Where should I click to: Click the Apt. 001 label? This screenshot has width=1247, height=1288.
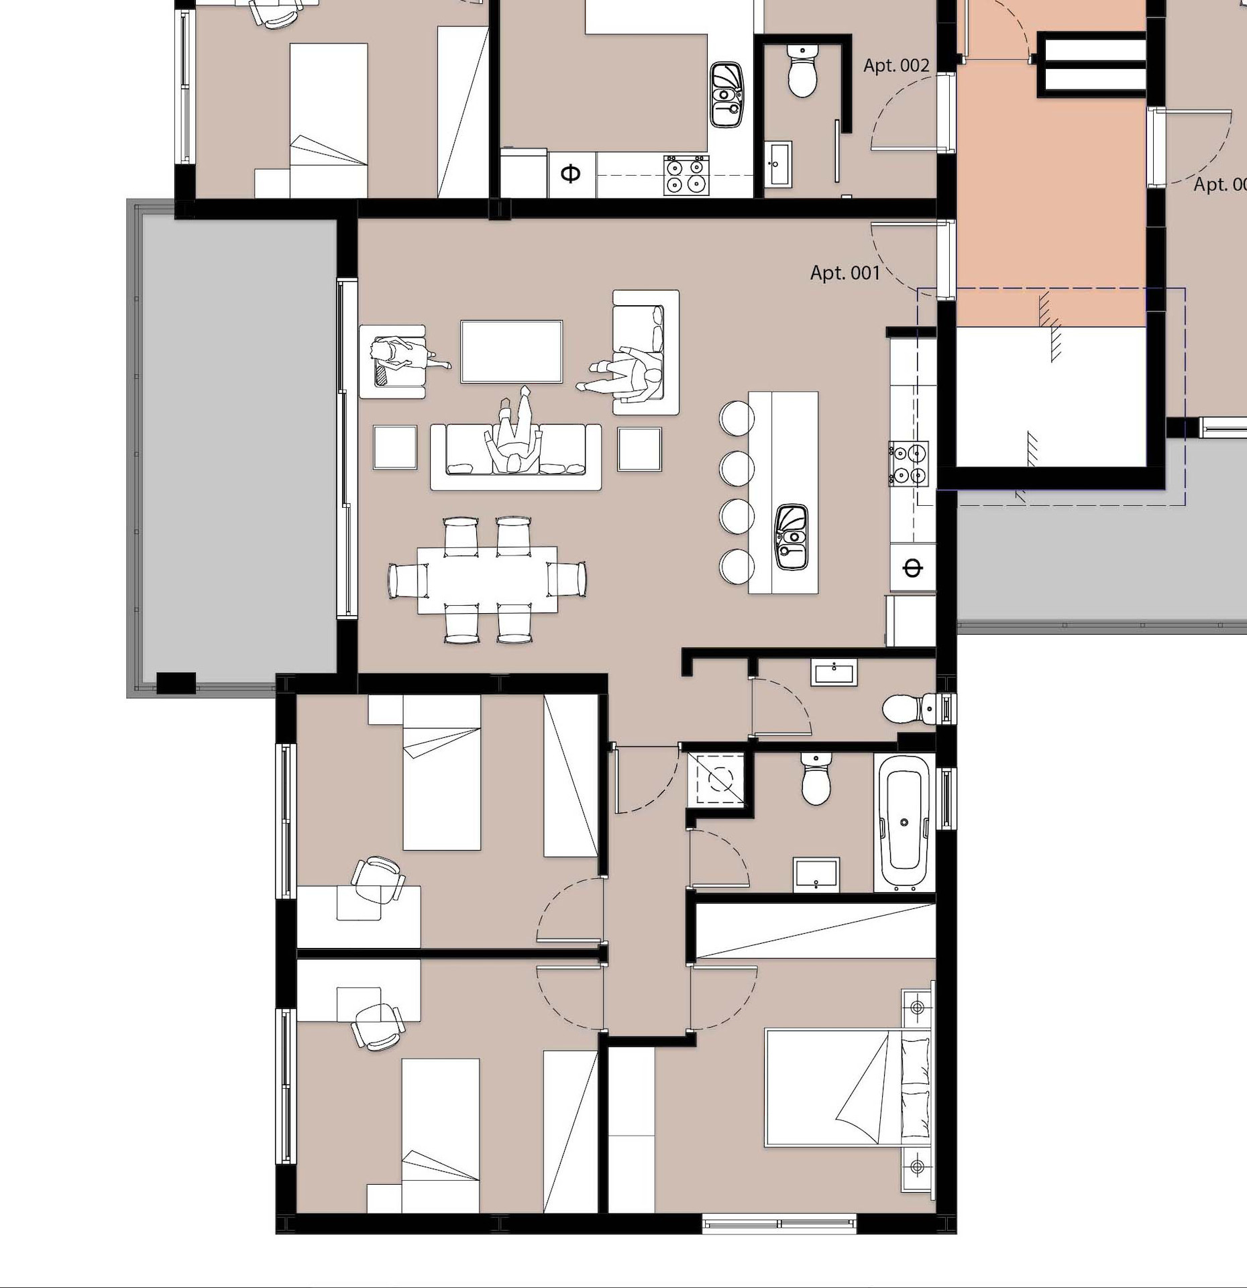click(x=845, y=272)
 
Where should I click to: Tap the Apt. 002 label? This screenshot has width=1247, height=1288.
click(x=896, y=66)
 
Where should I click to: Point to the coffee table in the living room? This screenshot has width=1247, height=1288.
click(x=511, y=352)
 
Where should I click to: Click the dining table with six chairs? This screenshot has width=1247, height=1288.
click(x=487, y=580)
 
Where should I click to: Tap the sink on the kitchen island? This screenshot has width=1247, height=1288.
click(x=792, y=537)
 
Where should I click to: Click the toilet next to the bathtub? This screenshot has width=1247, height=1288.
click(x=816, y=780)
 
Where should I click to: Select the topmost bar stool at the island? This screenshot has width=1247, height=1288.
click(x=737, y=418)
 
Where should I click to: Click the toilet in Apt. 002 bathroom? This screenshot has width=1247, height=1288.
click(x=802, y=72)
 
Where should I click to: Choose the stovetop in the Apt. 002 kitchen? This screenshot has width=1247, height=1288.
click(x=686, y=175)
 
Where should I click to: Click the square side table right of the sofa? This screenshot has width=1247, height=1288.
click(x=639, y=449)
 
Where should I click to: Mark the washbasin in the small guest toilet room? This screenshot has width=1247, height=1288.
click(x=834, y=672)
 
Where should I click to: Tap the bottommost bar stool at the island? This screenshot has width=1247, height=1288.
click(x=737, y=566)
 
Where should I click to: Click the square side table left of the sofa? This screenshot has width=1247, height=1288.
click(x=395, y=447)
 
